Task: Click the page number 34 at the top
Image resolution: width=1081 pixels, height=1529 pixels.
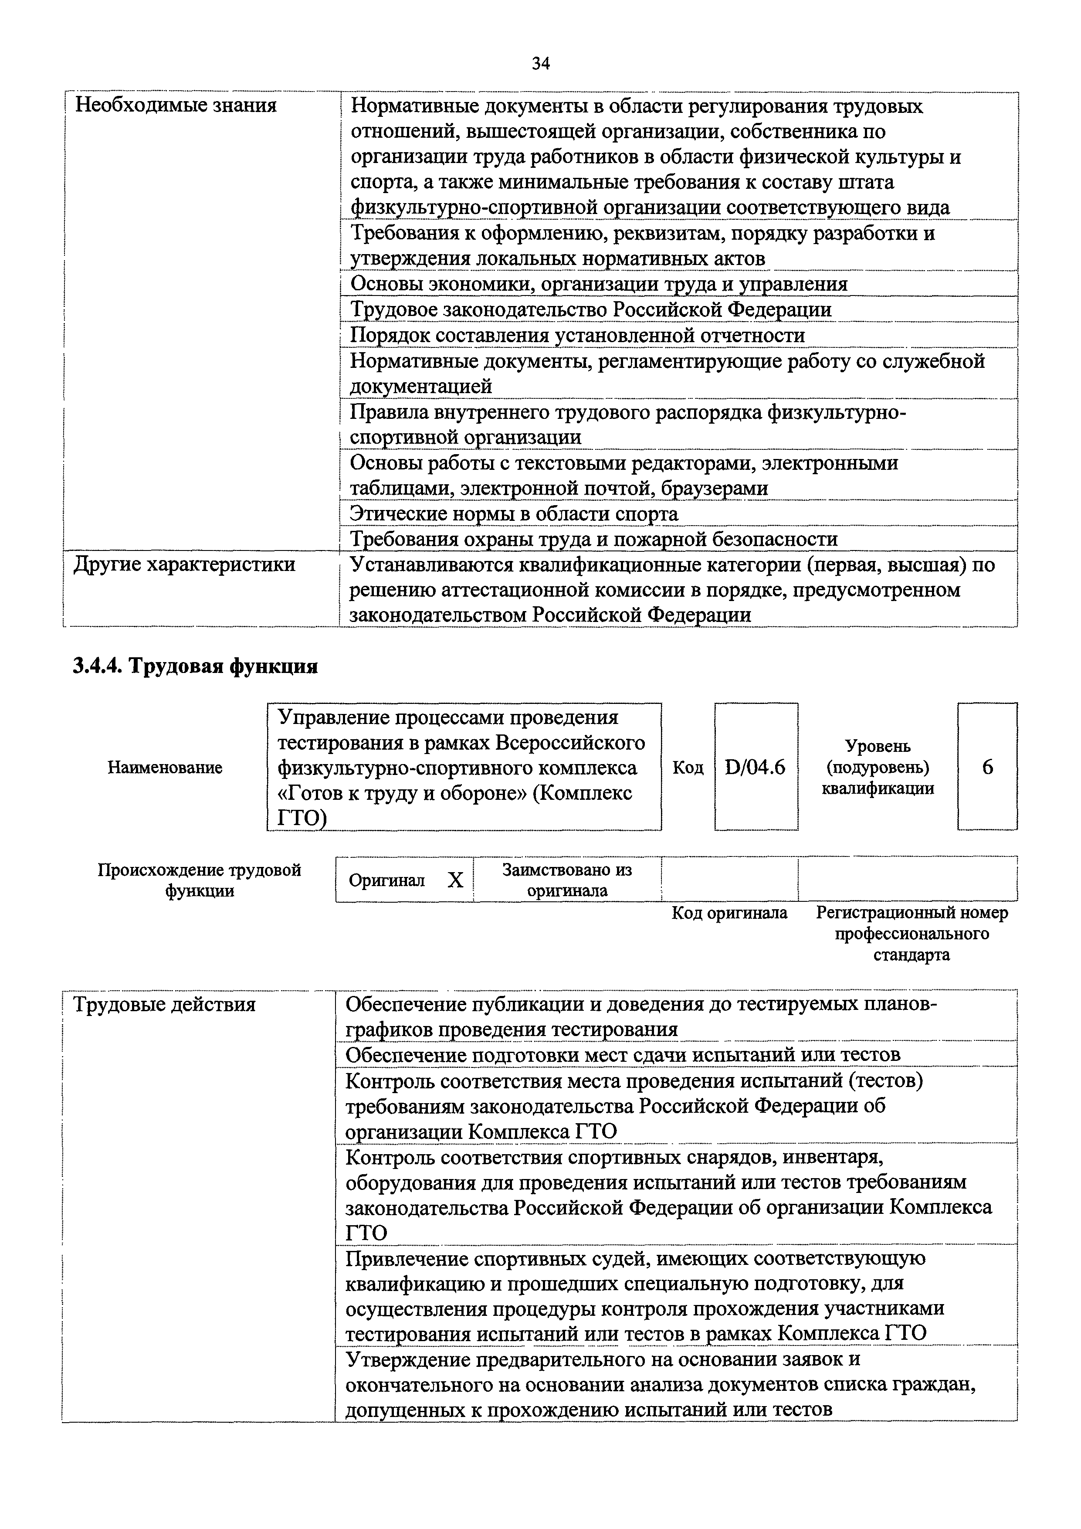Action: tap(540, 64)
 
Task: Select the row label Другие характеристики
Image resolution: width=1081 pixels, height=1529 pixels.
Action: tap(184, 565)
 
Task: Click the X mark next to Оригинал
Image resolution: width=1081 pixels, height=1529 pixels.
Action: tap(455, 880)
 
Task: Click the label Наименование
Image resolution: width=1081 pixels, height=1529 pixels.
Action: tap(165, 768)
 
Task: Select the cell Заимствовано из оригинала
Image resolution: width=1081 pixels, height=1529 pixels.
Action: tap(567, 880)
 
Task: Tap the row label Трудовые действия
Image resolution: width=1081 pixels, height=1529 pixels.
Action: tap(164, 1004)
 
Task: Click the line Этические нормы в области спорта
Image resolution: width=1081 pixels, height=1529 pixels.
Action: tap(514, 514)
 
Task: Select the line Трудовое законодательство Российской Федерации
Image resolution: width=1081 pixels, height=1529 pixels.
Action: tap(590, 309)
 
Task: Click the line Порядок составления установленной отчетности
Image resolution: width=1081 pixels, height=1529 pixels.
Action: tap(577, 335)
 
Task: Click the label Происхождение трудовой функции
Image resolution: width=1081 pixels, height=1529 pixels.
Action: tap(200, 880)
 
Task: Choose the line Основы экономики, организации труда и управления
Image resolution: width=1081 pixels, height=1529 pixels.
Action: tap(598, 284)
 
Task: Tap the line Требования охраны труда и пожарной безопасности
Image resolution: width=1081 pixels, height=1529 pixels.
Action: tap(594, 539)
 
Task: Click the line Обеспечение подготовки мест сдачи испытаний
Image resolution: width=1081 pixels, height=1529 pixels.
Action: tap(622, 1055)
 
